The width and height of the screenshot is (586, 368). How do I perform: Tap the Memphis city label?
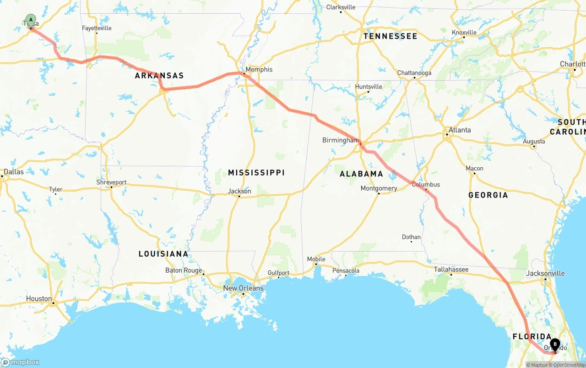pyautogui.click(x=259, y=70)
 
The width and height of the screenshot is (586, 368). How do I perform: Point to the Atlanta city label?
pyautogui.click(x=459, y=130)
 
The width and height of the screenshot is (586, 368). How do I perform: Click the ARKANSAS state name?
pyautogui.click(x=159, y=76)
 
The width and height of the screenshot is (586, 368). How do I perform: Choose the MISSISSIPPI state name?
pyautogui.click(x=256, y=173)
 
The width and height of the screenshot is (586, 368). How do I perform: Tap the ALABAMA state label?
pyautogui.click(x=361, y=174)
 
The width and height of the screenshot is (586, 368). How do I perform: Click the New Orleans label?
pyautogui.click(x=243, y=288)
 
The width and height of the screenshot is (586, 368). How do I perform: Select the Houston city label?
pyautogui.click(x=39, y=299)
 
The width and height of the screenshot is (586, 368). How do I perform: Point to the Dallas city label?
pyautogui.click(x=13, y=172)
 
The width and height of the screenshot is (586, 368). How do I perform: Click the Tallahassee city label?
pyautogui.click(x=451, y=269)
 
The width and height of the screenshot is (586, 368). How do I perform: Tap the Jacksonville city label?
pyautogui.click(x=545, y=274)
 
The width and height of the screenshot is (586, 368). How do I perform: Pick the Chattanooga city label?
pyautogui.click(x=414, y=73)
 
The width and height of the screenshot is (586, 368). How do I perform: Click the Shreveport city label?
pyautogui.click(x=111, y=182)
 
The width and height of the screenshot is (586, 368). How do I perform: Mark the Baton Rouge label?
pyautogui.click(x=183, y=270)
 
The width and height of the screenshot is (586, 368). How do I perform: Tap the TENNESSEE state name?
pyautogui.click(x=390, y=36)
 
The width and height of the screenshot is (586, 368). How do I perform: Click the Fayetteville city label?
pyautogui.click(x=97, y=28)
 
